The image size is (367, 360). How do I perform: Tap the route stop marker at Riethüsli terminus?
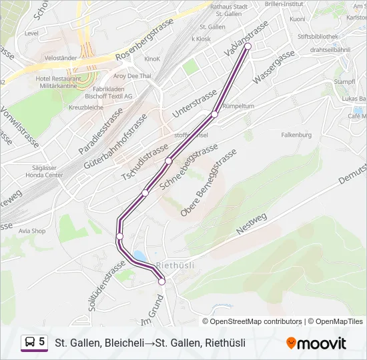coord(161,282)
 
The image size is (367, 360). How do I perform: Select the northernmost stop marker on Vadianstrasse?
coord(248,55)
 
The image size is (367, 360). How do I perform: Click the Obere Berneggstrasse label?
coord(208,183)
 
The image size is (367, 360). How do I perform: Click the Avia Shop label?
coord(31,231)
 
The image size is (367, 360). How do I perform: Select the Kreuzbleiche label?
coord(85,107)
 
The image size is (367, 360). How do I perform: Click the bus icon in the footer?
coord(29,343)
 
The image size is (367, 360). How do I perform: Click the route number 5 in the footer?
coord(42,342)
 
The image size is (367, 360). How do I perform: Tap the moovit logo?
coord(317,343)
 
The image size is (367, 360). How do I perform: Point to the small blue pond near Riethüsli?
coord(139,256)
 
